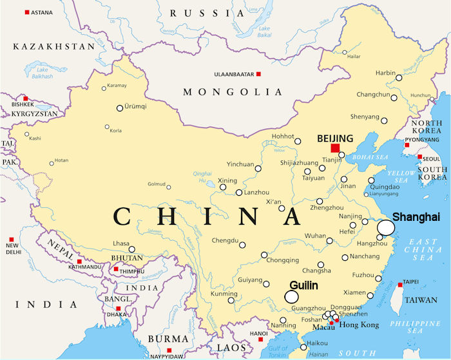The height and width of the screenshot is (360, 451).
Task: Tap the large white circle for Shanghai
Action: tap(386, 227)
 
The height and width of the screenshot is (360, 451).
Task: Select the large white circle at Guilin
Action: tap(292, 296)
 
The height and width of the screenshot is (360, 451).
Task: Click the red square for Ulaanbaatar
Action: tap(258, 75)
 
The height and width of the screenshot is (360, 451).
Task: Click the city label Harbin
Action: tap(385, 73)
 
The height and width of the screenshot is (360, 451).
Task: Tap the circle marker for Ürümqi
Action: tap(120, 108)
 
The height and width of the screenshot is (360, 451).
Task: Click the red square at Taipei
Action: tap(400, 284)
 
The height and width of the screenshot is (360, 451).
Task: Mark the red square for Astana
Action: tap(26, 12)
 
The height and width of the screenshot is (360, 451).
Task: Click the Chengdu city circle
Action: tap(242, 245)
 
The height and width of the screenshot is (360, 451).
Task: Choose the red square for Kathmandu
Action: tap(80, 262)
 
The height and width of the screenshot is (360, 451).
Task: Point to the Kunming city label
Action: tap(224, 294)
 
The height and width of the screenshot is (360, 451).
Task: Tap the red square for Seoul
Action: tap(419, 156)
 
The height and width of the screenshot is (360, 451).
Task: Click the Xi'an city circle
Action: tap(282, 208)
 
